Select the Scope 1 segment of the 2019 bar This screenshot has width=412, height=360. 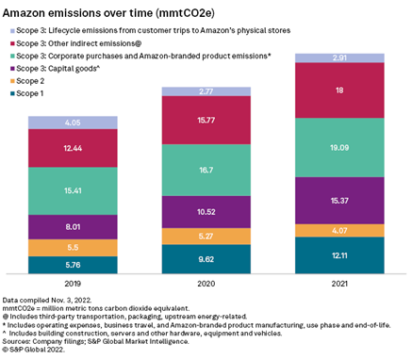pyautogui.click(x=72, y=266)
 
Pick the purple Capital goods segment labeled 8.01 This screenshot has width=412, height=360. pyautogui.click(x=72, y=226)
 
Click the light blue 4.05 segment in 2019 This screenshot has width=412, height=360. pyautogui.click(x=72, y=123)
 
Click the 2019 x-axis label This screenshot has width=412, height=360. pyautogui.click(x=72, y=282)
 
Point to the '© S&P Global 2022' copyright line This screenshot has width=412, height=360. pyautogui.click(x=38, y=352)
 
